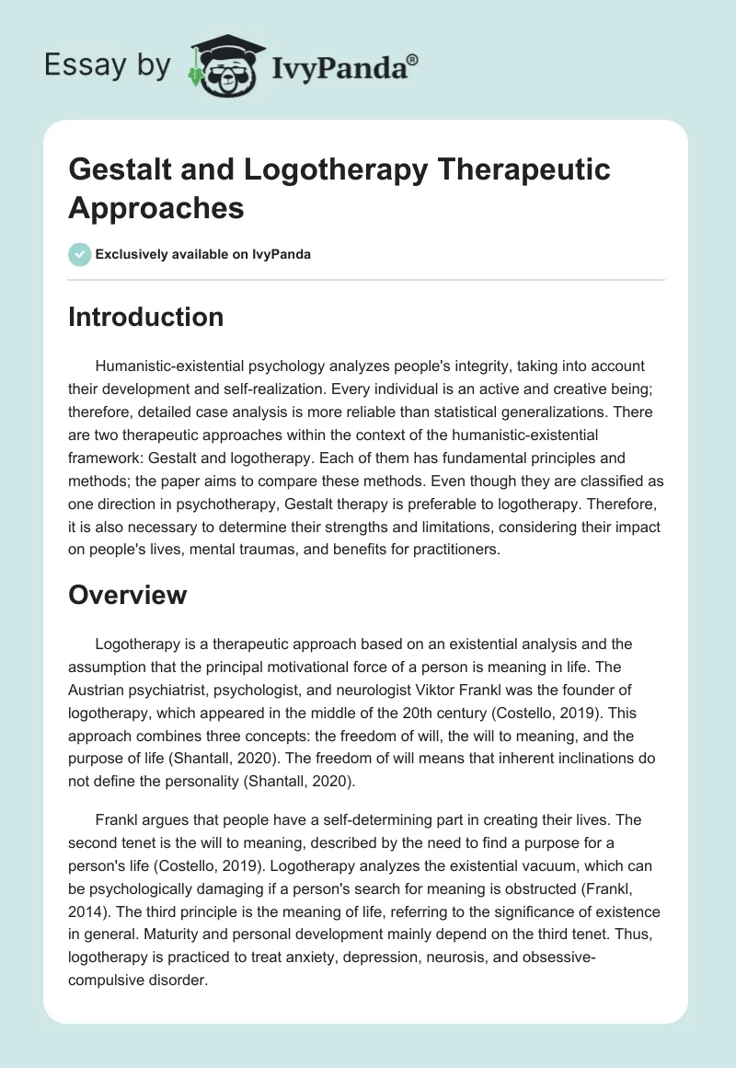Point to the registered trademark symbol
pyautogui.click(x=414, y=58)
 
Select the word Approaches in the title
pyautogui.click(x=156, y=207)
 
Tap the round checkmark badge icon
pyautogui.click(x=80, y=254)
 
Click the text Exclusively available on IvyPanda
pyautogui.click(x=205, y=254)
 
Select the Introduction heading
pyautogui.click(x=146, y=317)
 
